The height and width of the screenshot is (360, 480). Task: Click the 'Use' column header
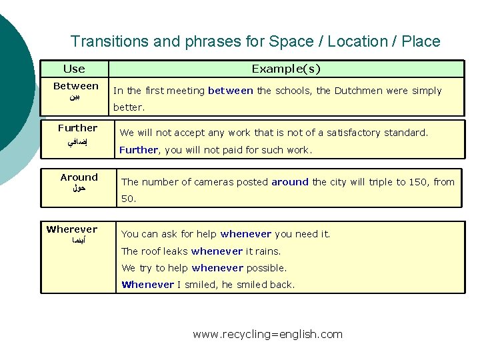[x=74, y=69]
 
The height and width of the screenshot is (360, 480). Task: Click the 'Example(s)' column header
[x=286, y=69]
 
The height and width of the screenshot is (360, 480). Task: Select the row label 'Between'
[x=75, y=86]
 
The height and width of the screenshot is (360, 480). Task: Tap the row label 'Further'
[x=77, y=128]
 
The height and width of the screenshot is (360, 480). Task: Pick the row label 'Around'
[x=79, y=177]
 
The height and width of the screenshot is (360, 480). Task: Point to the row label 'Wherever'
[x=72, y=229]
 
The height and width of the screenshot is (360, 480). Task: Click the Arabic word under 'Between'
[x=75, y=97]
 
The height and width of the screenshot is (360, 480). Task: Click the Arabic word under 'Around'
[x=78, y=189]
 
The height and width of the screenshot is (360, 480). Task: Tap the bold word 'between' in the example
[x=230, y=91]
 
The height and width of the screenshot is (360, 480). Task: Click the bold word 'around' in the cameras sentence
[x=290, y=182]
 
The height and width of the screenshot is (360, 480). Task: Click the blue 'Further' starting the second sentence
[x=139, y=150]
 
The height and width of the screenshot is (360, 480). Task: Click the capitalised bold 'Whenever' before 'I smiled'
[x=147, y=285]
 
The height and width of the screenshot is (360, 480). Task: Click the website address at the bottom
[x=267, y=334]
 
